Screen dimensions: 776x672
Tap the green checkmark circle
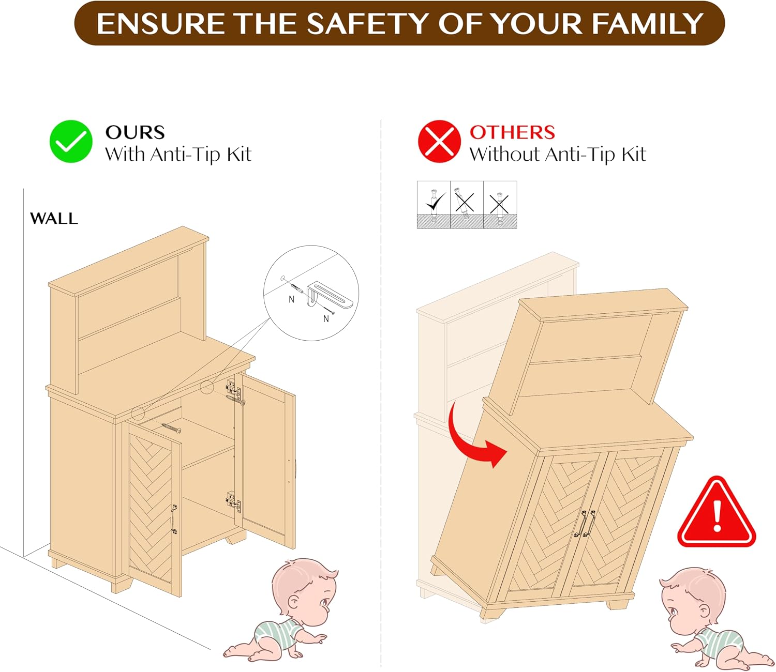pos(71,142)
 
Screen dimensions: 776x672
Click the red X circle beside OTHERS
pos(439,142)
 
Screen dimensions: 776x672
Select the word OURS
pos(135,132)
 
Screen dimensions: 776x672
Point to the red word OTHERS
pos(512,132)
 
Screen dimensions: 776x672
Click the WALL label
pos(54,218)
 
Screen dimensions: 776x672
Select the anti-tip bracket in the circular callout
pos(329,296)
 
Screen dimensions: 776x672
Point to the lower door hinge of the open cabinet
pos(233,501)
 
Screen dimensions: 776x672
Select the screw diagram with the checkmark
pos(434,205)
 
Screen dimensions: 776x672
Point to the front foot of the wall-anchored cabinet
pos(122,585)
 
